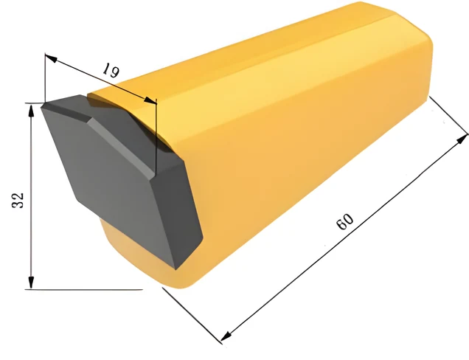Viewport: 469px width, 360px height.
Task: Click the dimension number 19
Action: click(x=111, y=71)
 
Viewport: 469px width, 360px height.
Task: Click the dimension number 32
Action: click(x=18, y=200)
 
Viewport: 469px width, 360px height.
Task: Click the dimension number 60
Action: click(x=344, y=221)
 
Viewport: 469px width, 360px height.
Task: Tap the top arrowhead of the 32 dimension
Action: click(x=31, y=110)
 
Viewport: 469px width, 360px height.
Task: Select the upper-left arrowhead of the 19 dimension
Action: click(x=50, y=58)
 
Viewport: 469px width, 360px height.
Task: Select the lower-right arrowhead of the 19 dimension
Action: click(x=150, y=101)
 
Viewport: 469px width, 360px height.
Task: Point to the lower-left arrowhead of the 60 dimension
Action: click(x=226, y=336)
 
